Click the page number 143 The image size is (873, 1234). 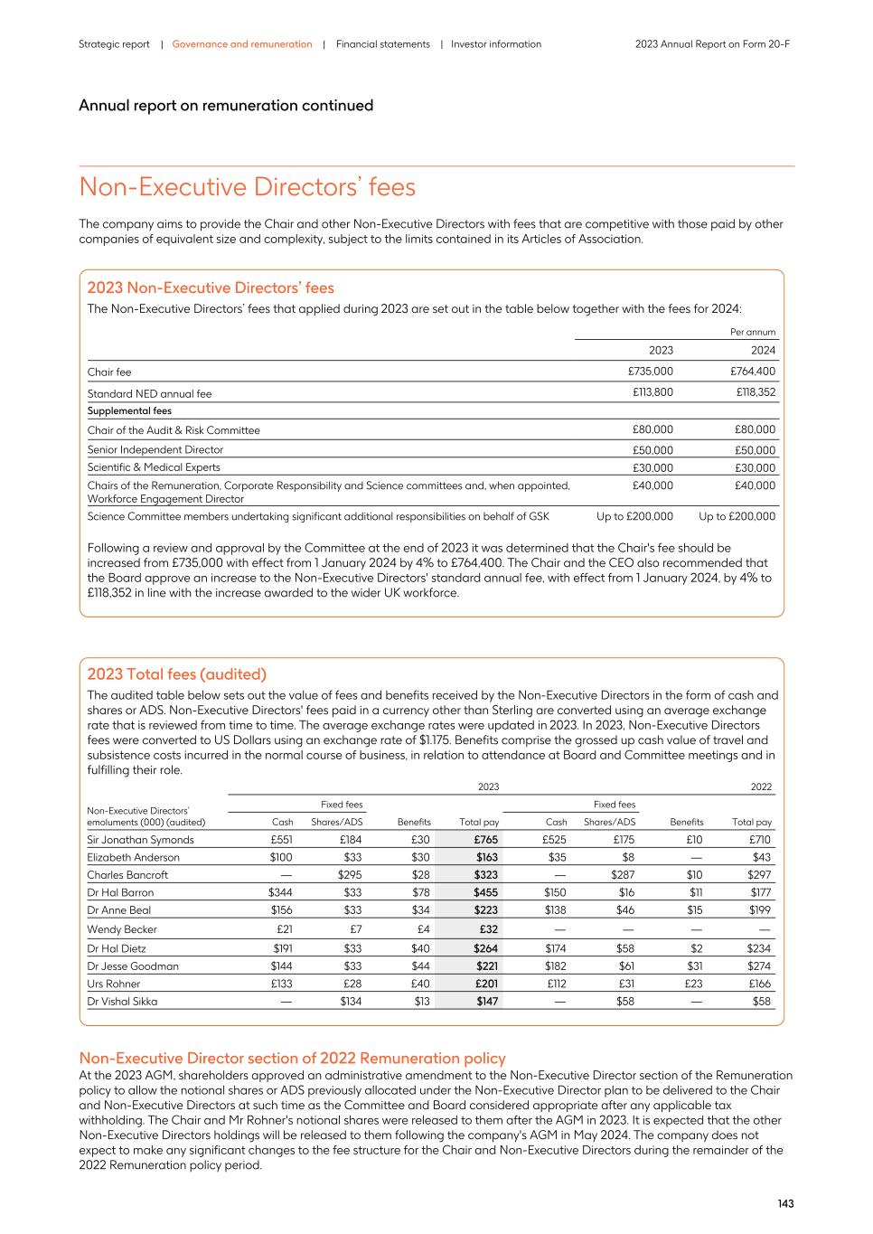(x=785, y=1203)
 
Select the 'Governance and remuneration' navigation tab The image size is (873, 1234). (x=242, y=44)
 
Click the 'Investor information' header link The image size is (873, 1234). (x=496, y=44)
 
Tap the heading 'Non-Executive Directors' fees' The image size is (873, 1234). (x=248, y=187)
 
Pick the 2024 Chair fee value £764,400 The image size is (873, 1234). (x=752, y=372)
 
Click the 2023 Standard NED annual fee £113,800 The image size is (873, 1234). (x=651, y=392)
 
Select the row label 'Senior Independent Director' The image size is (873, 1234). (x=155, y=450)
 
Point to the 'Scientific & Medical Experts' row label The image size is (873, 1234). (x=154, y=467)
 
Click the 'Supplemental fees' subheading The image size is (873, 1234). (x=129, y=411)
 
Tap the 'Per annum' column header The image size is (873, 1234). (x=753, y=333)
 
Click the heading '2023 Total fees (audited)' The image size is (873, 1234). (x=177, y=674)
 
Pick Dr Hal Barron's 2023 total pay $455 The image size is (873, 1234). (x=485, y=892)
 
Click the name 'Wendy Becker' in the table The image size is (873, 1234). (x=122, y=929)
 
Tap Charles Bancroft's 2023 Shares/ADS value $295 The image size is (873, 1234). (x=350, y=875)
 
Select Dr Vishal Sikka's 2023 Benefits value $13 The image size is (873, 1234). (x=422, y=1002)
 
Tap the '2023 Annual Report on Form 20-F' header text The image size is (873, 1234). (x=712, y=44)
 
